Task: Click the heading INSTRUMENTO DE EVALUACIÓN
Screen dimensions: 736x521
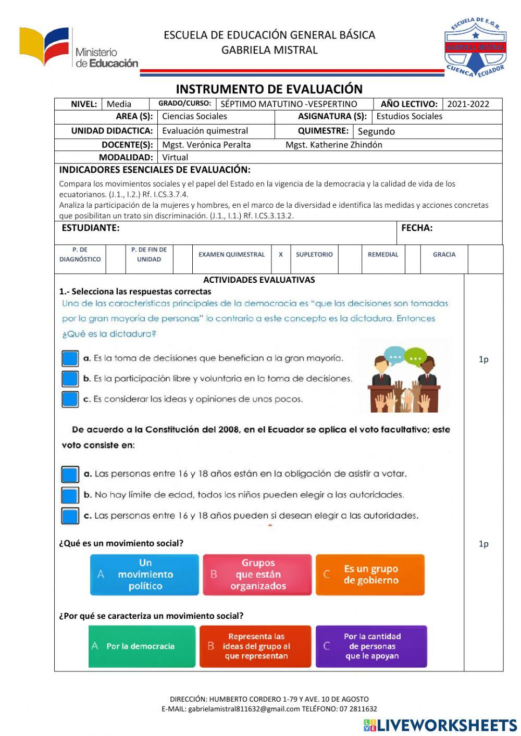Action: click(269, 89)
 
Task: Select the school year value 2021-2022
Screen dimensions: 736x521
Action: click(468, 104)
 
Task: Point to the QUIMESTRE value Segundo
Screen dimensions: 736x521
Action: click(376, 131)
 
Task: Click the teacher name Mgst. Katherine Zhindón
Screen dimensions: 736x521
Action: click(333, 145)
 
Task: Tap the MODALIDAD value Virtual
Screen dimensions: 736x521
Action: click(175, 157)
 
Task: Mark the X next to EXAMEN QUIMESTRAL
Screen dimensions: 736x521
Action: click(280, 255)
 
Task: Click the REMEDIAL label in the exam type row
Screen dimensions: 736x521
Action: click(382, 255)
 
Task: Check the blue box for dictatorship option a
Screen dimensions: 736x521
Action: click(70, 358)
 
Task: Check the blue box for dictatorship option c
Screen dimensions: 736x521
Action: click(70, 399)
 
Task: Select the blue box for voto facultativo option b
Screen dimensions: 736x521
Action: click(70, 495)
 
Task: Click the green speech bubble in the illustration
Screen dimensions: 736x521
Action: click(415, 357)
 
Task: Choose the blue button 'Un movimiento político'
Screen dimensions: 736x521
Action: click(144, 575)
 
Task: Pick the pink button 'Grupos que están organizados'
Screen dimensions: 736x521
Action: click(257, 575)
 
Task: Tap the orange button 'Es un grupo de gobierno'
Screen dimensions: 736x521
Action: click(370, 575)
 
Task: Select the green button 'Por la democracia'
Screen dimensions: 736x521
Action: click(142, 646)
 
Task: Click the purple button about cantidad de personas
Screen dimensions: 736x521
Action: click(371, 646)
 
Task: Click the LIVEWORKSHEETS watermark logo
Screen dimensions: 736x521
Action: click(440, 726)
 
